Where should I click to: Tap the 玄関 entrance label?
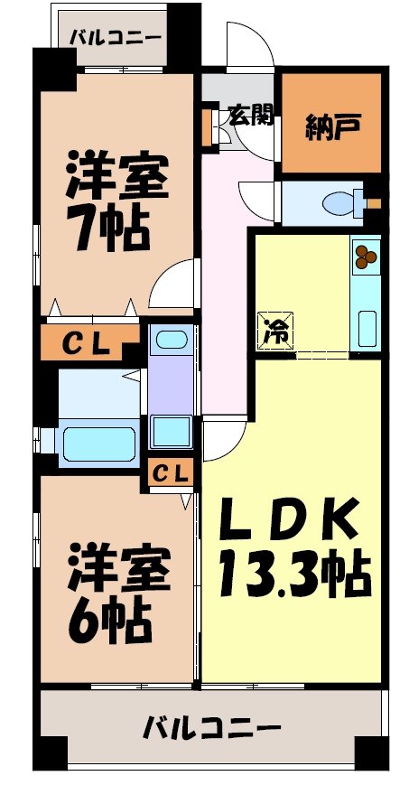pyautogui.click(x=249, y=115)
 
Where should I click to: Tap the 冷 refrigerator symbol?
pyautogui.click(x=275, y=329)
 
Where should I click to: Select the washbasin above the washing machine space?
pyautogui.click(x=171, y=341)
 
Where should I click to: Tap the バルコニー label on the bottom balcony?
pyautogui.click(x=212, y=727)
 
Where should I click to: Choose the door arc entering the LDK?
pyautogui.click(x=222, y=440)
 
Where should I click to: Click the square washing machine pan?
pyautogui.click(x=171, y=429)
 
